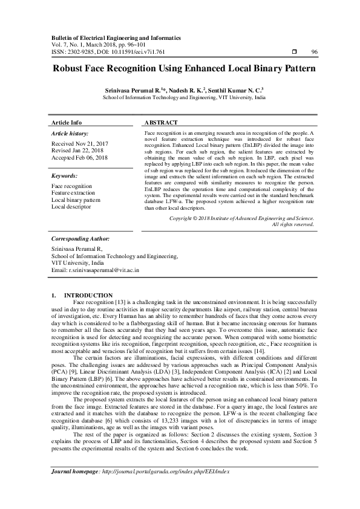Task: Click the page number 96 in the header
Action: tap(314, 52)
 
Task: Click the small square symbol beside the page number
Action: tap(293, 52)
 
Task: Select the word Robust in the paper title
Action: tap(68, 69)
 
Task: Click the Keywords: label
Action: tap(66, 176)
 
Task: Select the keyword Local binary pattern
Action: tap(77, 200)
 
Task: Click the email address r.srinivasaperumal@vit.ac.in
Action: tap(102, 270)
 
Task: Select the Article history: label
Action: tap(70, 133)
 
